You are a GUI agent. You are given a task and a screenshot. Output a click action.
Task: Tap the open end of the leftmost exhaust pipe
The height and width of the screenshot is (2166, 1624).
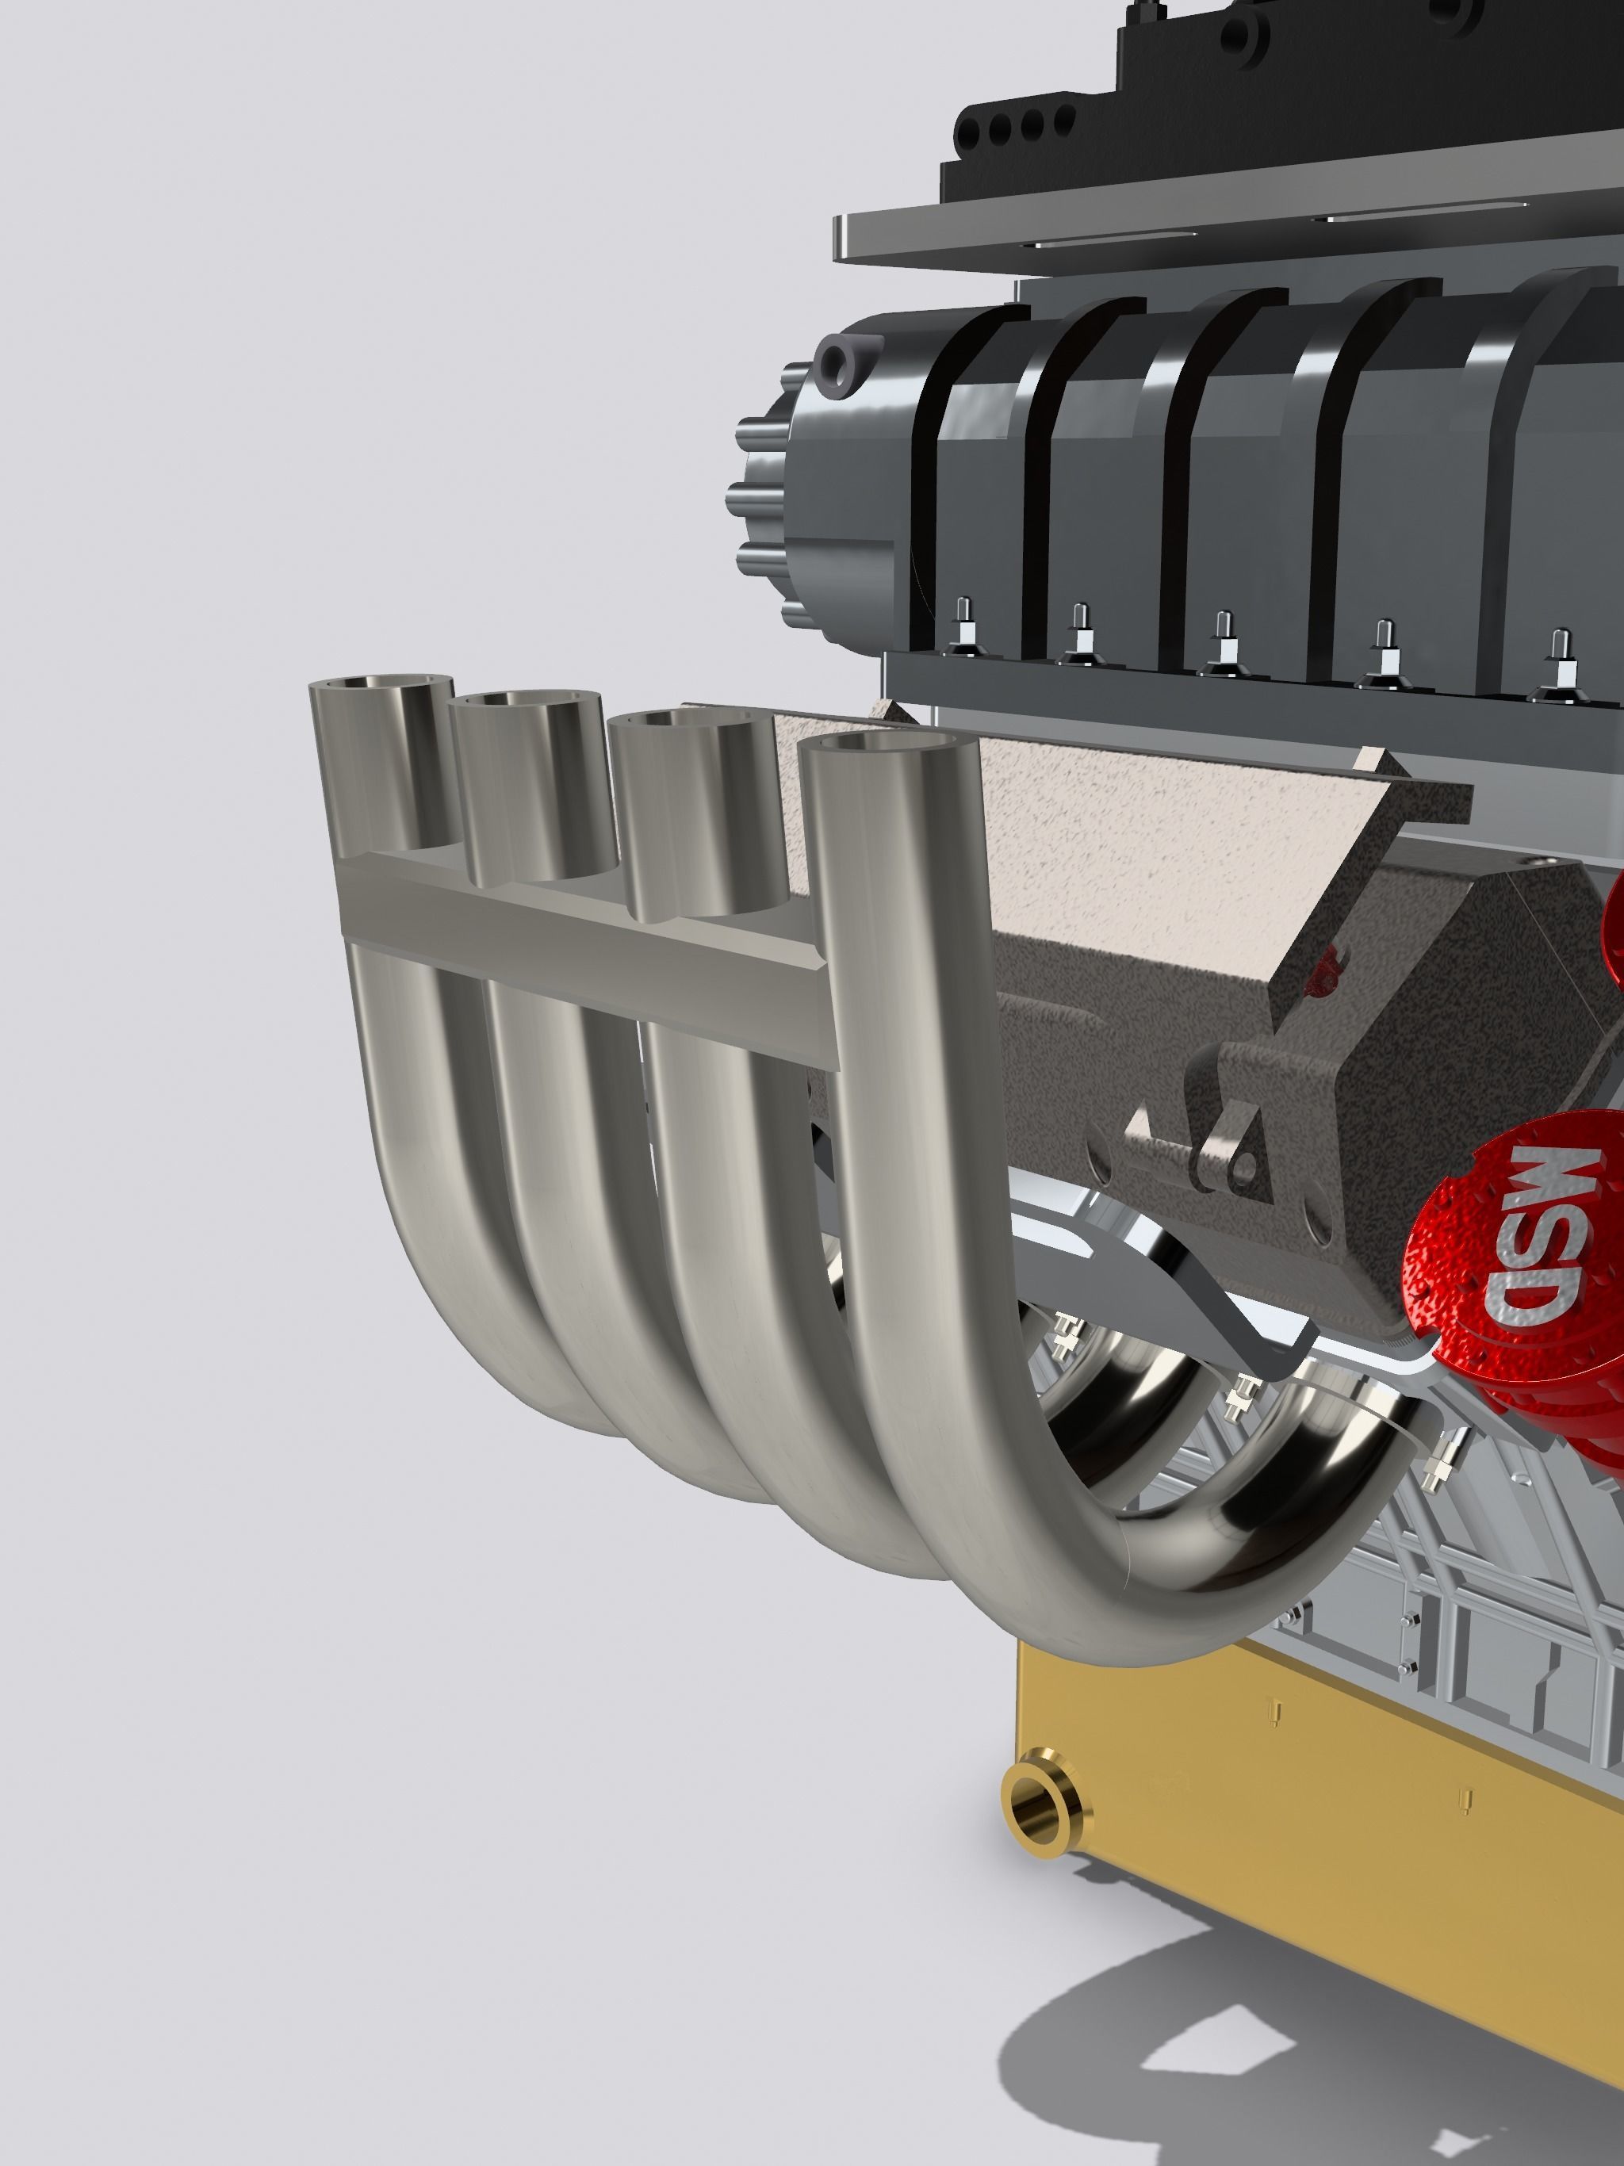[x=382, y=687]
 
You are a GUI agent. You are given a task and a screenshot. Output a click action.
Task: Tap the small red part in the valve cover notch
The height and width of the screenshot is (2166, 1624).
[x=1325, y=970]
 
